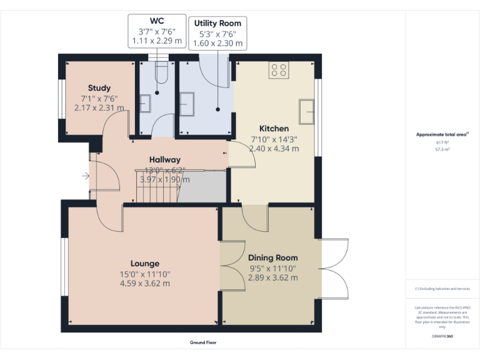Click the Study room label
(x=99, y=88)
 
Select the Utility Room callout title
(x=217, y=23)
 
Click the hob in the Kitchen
(x=279, y=71)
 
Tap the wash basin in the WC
(x=144, y=102)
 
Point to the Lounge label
(x=145, y=263)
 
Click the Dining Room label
(x=272, y=257)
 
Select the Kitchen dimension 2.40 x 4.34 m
(x=274, y=149)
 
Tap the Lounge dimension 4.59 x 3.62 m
(x=145, y=283)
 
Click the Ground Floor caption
(x=203, y=342)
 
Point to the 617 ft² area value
(x=442, y=142)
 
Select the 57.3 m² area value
(x=442, y=150)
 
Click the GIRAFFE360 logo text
(x=441, y=337)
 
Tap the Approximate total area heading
(x=441, y=134)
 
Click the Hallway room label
(x=165, y=160)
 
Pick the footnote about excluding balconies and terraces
(x=441, y=289)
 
